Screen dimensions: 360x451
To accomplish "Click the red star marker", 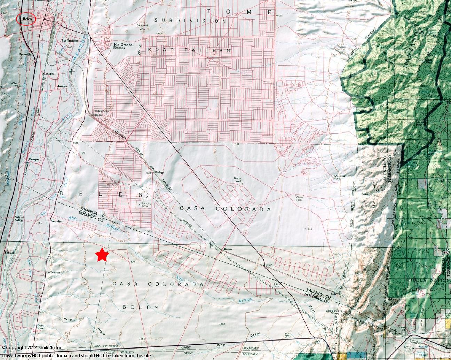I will click(102, 255).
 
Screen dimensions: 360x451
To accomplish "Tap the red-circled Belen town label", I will click(26, 19).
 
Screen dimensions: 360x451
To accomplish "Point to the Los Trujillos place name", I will click(69, 41).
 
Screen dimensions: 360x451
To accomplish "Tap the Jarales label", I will click(62, 86).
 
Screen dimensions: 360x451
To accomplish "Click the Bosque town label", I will click(34, 159).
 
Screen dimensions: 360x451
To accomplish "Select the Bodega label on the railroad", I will click(159, 172).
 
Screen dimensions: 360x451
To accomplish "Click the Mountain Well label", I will click(340, 177).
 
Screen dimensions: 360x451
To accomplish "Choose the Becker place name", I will click(228, 249).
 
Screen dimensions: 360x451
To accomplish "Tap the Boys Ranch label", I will click(41, 327).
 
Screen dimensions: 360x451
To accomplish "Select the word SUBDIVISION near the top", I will click(191, 21).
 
